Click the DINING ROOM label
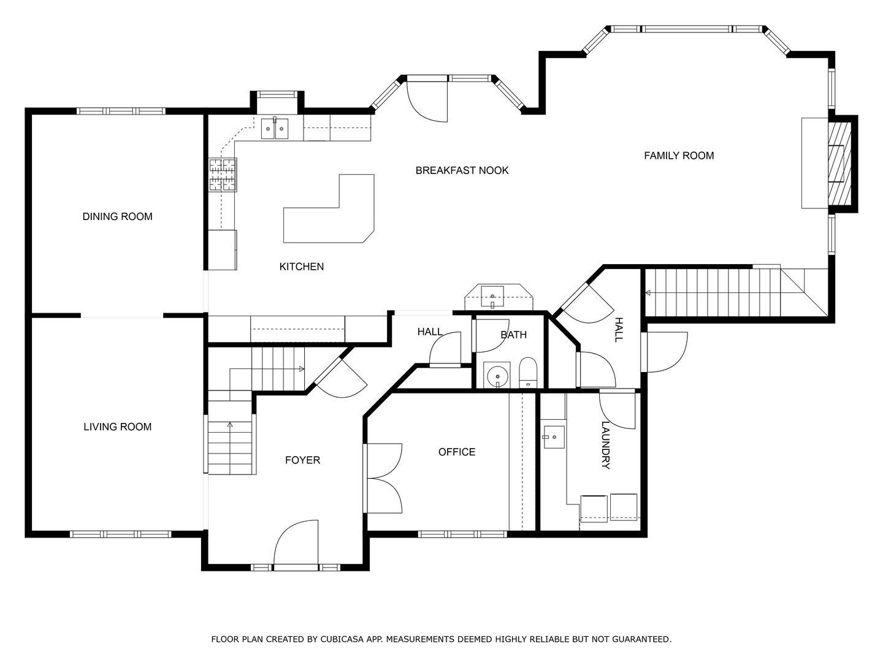(x=118, y=216)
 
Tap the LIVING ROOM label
(x=118, y=427)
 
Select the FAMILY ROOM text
(x=679, y=156)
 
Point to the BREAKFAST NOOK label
(x=462, y=170)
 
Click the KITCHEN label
(x=302, y=267)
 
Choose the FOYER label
(x=302, y=460)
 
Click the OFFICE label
(x=457, y=452)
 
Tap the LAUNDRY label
(x=605, y=445)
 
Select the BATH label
(x=514, y=335)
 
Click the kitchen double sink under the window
(x=275, y=129)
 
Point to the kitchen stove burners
(x=223, y=175)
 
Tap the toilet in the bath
(x=528, y=373)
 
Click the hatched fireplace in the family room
(x=839, y=163)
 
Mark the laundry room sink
(x=554, y=437)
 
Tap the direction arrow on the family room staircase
(x=648, y=292)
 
